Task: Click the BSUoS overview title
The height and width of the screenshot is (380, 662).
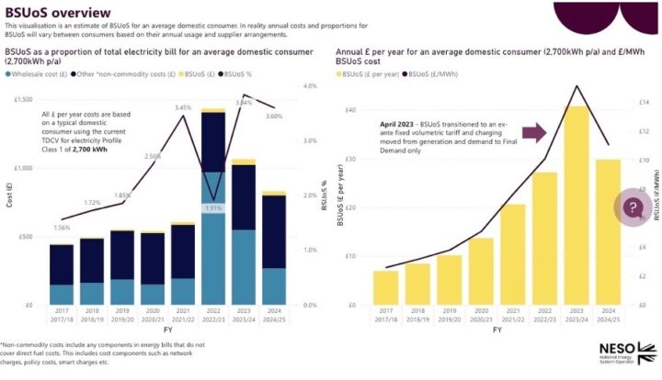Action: tap(57, 12)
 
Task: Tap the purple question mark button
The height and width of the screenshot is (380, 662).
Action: tap(633, 208)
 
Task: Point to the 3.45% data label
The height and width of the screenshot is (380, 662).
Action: tap(183, 107)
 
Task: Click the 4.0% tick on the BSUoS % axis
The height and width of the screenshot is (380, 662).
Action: tap(310, 86)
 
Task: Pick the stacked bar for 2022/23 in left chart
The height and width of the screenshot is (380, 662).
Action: tap(213, 207)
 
